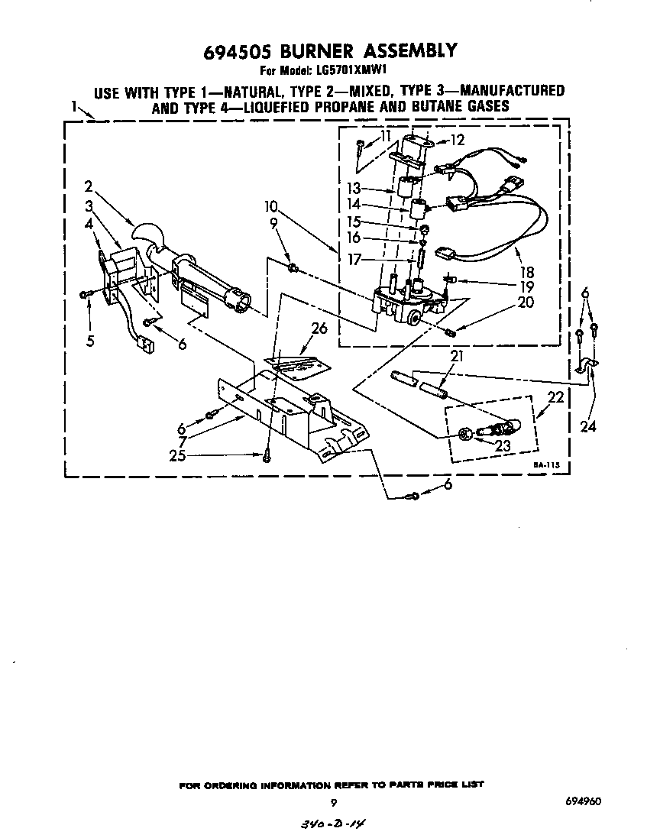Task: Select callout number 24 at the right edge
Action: click(587, 427)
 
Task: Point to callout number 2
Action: click(89, 186)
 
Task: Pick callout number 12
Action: click(457, 139)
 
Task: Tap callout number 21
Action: click(457, 357)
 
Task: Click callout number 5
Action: click(90, 341)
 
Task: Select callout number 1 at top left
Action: click(76, 107)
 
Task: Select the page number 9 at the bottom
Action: click(334, 802)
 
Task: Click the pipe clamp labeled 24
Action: click(587, 367)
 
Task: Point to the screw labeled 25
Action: click(267, 457)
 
